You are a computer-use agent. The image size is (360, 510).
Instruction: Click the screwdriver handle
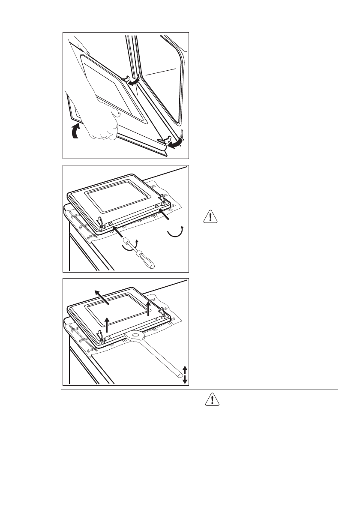pyautogui.click(x=145, y=260)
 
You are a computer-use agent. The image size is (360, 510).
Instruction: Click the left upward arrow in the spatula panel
pyautogui.click(x=106, y=325)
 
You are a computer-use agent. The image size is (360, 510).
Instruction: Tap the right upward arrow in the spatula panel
pyautogui.click(x=148, y=308)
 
